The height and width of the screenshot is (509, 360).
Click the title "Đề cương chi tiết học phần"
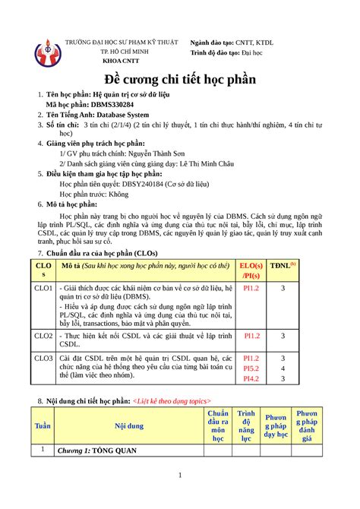(x=179, y=80)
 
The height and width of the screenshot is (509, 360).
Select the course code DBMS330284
(x=115, y=105)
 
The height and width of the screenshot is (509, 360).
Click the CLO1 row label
(x=42, y=289)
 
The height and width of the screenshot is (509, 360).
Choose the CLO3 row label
(x=42, y=357)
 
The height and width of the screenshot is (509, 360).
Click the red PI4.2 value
(x=251, y=378)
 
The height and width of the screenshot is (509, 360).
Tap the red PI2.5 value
(x=251, y=368)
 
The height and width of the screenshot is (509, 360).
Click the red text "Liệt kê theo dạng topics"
(x=172, y=400)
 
